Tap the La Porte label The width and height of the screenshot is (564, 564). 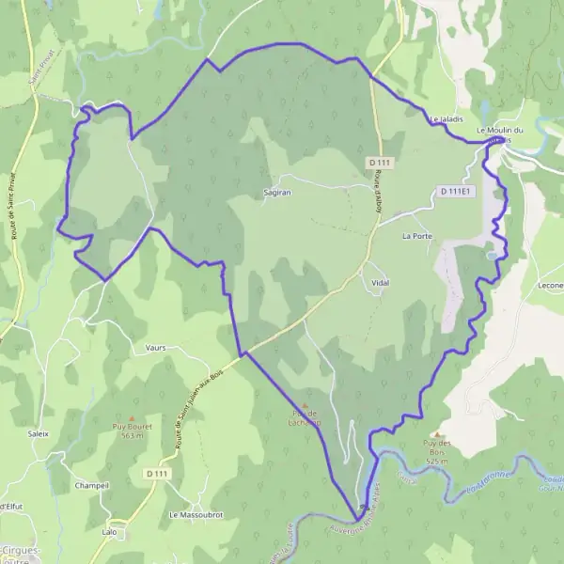tap(417, 236)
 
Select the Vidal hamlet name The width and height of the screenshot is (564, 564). tap(381, 282)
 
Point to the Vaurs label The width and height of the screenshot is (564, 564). tap(156, 347)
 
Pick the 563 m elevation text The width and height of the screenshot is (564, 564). tap(132, 436)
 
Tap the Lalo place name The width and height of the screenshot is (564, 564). tap(109, 532)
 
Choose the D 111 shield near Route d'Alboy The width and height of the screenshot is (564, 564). tap(380, 163)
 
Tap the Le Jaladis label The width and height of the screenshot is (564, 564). tap(446, 119)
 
